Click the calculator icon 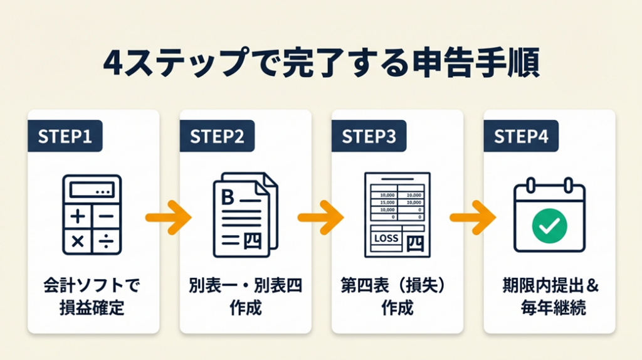coord(92,215)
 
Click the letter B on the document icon coord(228,197)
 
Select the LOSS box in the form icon coord(384,238)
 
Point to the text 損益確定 coord(92,309)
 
